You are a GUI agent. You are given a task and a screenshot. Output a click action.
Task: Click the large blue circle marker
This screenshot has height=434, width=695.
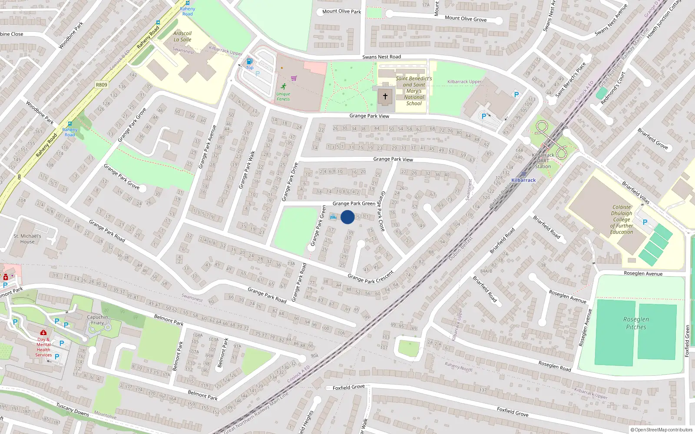coord(347,217)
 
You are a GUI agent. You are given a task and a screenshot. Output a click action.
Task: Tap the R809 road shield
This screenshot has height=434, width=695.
coord(101,85)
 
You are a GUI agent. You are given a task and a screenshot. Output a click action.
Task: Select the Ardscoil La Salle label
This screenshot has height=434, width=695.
coord(182,36)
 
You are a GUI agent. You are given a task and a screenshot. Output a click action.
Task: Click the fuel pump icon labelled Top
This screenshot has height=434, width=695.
coord(249,62)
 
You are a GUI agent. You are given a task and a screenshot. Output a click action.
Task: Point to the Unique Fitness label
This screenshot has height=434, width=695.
coord(283,96)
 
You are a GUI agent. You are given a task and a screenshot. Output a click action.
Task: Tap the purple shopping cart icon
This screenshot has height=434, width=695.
coord(294,79)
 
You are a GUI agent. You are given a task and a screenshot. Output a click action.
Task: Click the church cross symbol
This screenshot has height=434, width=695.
coord(385,96)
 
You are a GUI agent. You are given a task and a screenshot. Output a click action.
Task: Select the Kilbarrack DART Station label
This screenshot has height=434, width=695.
coord(543,161)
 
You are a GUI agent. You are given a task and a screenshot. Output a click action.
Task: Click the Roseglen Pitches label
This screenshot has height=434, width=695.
coord(636,323)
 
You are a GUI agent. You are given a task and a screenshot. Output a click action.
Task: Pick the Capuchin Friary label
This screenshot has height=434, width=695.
coord(97,320)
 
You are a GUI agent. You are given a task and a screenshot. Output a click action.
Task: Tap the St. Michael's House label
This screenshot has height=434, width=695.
coord(27,239)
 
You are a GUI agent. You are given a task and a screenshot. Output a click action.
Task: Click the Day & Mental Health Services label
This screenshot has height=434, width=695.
coord(43,347)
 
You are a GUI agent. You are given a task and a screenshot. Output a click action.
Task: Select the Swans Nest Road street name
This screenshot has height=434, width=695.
coord(381,57)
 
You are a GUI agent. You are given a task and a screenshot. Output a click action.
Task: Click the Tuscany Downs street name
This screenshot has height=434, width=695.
coord(73,409)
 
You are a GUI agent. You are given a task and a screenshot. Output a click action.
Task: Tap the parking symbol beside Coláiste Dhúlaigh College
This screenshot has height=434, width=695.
coord(645,222)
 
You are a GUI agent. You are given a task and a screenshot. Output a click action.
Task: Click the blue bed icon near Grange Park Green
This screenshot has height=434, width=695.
coord(333,217)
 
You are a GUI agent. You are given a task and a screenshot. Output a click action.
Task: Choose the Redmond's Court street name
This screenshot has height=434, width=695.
coord(612,88)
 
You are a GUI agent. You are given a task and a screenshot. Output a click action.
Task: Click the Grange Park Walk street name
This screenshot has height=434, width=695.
coord(247,170)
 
